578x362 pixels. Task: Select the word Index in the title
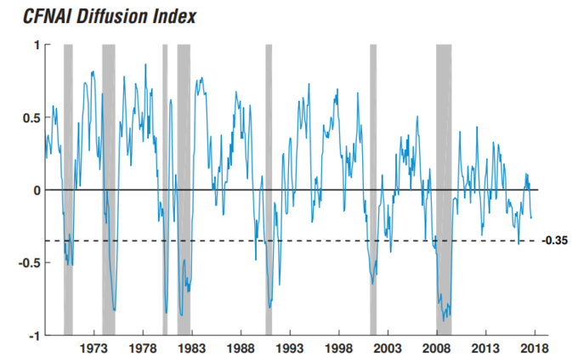[162, 16]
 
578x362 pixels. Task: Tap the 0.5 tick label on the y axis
[31, 117]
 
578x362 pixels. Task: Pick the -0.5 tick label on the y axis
[29, 263]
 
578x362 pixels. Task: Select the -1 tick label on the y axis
[33, 336]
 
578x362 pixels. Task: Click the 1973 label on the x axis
[94, 349]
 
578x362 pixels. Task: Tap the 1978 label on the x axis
[143, 349]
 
